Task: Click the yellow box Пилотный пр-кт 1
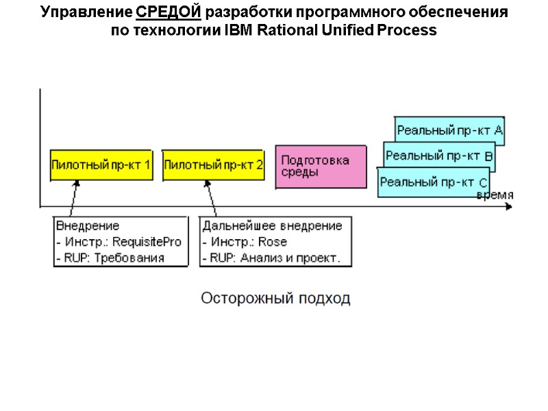click(x=101, y=165)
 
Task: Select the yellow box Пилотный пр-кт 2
click(x=214, y=165)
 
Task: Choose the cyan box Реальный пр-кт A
click(x=449, y=129)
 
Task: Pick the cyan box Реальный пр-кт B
click(x=438, y=156)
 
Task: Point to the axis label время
click(x=495, y=195)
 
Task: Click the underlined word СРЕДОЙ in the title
click(x=169, y=13)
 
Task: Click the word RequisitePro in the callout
click(x=147, y=242)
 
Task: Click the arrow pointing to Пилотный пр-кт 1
click(x=74, y=199)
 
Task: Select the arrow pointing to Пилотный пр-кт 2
click(x=210, y=199)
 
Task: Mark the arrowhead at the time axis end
click(x=508, y=206)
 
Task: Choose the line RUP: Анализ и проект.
click(x=275, y=258)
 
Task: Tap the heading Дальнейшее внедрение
click(x=272, y=225)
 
